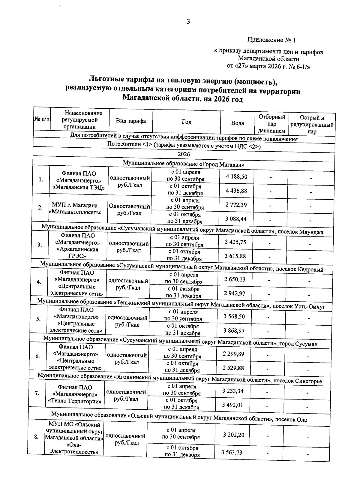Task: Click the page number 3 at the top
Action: pos(188,22)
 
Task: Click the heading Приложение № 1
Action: pos(271,40)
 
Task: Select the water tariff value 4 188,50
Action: pos(237,176)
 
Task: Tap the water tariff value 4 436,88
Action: pos(237,191)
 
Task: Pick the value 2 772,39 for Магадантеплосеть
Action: pos(236,205)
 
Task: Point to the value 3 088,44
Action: pos(236,219)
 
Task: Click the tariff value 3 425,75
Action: pos(235,242)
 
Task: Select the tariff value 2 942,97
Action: pos(235,293)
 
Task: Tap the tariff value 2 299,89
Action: pos(233,354)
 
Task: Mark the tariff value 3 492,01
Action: pos(232,405)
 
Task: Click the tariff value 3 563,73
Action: pos(232,453)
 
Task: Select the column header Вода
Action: pos(238,123)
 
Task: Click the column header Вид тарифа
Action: pos(131,121)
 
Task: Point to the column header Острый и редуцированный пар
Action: pos(312,125)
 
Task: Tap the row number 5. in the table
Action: pos(38,319)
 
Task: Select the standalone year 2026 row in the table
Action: pos(184,154)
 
